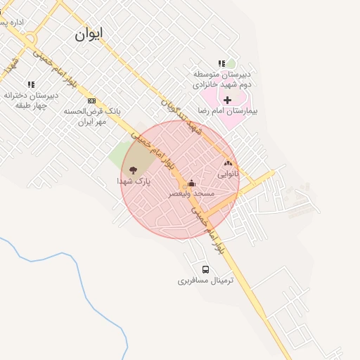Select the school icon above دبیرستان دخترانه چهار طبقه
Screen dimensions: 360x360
31,84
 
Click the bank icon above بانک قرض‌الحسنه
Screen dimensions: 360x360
91,101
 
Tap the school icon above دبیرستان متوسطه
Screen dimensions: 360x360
222,64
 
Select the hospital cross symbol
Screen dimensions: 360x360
227,100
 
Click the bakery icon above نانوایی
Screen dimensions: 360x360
228,163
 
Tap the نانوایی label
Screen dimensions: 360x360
228,173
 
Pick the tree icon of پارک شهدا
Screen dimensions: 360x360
133,169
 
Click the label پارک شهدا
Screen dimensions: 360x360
134,181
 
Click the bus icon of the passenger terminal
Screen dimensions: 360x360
205,269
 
